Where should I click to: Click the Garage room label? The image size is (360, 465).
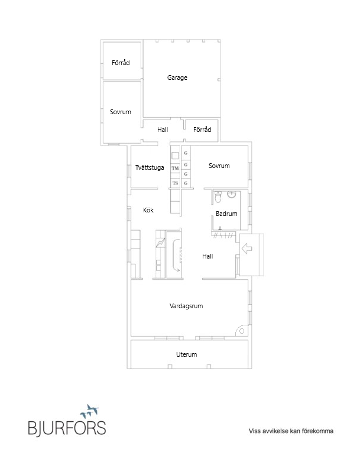click(177, 77)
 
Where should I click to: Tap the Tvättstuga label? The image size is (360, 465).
click(150, 167)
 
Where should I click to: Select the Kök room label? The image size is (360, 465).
click(148, 209)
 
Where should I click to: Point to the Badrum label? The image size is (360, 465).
click(226, 214)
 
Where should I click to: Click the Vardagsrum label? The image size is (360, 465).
click(186, 306)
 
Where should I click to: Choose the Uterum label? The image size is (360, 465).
click(186, 354)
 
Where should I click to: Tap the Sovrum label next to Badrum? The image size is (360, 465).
click(219, 166)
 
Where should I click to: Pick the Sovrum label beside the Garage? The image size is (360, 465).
click(121, 112)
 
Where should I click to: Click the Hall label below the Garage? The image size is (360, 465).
click(163, 130)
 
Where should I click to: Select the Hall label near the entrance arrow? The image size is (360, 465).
click(207, 256)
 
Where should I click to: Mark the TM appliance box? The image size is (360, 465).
click(175, 169)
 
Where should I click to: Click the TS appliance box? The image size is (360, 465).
click(175, 183)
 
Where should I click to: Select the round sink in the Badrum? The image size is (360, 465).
click(232, 195)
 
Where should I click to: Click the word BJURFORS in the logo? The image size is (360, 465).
click(67, 428)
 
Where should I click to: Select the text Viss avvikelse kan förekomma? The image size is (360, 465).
click(291, 432)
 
